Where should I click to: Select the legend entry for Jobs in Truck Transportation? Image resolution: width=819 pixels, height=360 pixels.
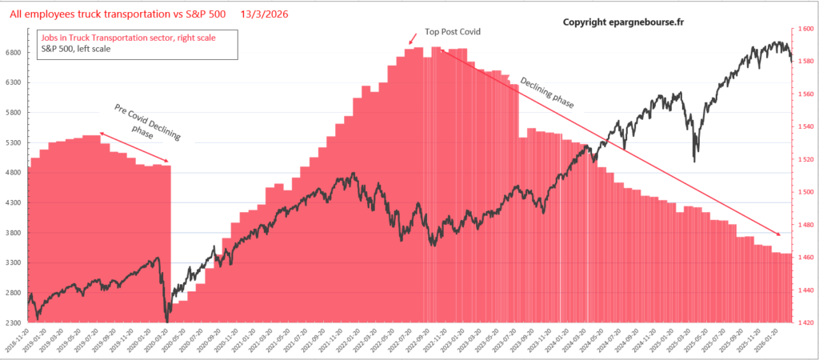tap(127, 38)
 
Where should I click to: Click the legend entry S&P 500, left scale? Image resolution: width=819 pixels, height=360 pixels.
tap(76, 50)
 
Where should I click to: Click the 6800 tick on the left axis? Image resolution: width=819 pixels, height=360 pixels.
tap(13, 54)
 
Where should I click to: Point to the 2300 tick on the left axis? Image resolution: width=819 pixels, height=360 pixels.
tap(13, 322)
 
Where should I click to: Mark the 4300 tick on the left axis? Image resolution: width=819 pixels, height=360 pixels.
tap(13, 203)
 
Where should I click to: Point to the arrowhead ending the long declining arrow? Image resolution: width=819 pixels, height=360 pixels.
tap(779, 234)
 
